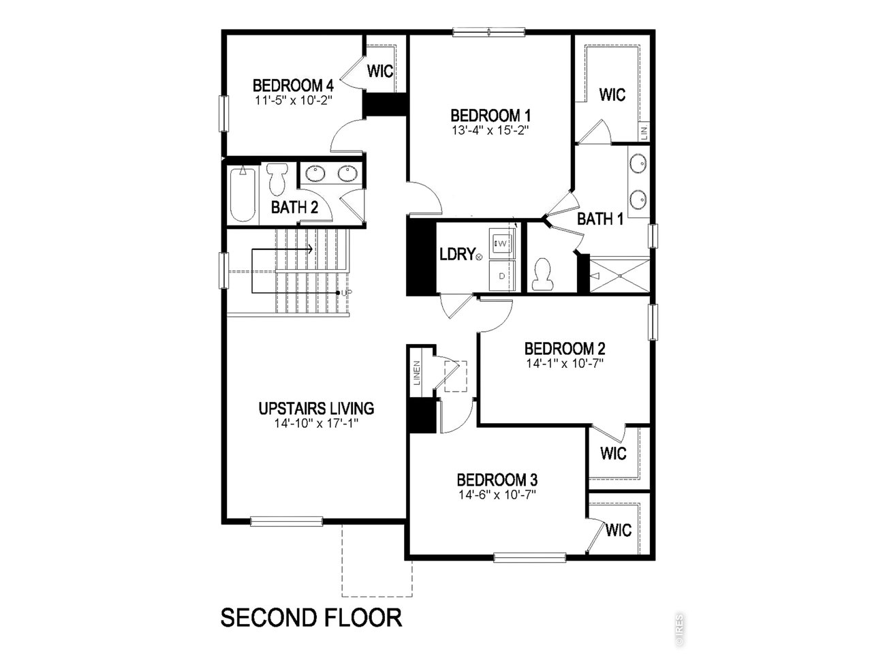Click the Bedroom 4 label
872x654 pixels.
[293, 86]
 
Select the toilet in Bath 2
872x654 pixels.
[277, 180]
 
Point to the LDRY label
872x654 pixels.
[456, 255]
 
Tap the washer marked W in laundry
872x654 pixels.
[501, 243]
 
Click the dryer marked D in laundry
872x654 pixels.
[502, 276]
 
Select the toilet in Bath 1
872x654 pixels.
[544, 274]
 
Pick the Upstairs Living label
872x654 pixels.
[316, 409]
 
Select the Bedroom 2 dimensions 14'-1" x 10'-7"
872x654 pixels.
[565, 363]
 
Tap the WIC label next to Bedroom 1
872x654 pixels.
[612, 95]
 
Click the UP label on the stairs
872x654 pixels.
[347, 292]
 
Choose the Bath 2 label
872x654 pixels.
[294, 207]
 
